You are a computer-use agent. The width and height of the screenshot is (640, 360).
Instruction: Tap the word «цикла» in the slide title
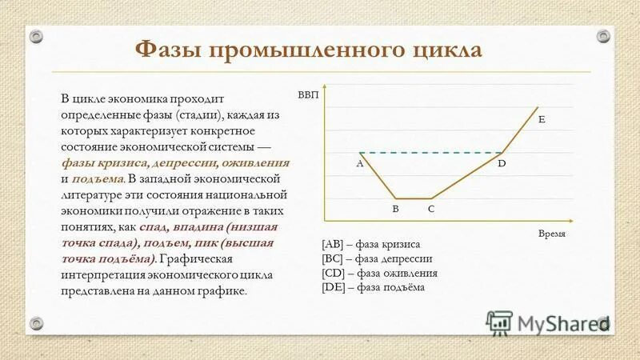446,50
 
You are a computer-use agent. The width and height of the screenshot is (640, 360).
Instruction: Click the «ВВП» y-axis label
309,94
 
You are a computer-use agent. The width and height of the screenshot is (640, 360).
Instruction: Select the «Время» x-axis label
552,233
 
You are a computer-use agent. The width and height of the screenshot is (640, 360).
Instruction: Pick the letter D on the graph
502,163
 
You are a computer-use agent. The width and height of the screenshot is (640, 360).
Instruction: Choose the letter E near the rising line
542,119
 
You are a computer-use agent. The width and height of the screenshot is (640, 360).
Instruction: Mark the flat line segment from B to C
413,198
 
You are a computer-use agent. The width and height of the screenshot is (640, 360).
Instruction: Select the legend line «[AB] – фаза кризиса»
370,244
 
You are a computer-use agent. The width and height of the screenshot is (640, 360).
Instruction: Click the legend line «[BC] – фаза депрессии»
377,258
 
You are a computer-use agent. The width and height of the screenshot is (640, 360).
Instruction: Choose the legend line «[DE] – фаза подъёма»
374,287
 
